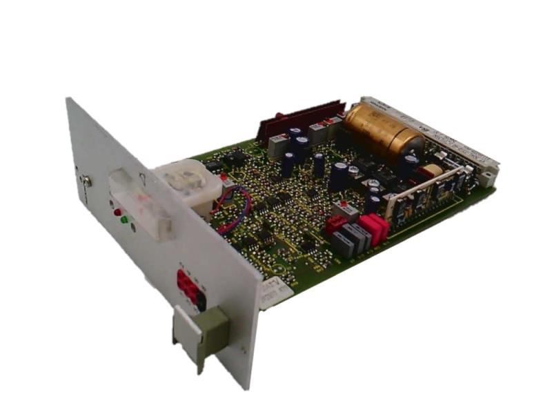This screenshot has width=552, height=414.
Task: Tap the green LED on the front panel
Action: click(x=124, y=220)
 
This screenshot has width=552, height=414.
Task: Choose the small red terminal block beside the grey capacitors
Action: click(x=335, y=223)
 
